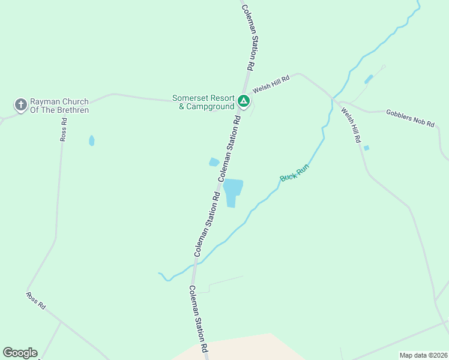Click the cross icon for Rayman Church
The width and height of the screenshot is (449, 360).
pos(21,106)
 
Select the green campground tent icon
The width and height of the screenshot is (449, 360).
pos(243,101)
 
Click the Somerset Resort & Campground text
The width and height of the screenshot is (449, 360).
pos(202,102)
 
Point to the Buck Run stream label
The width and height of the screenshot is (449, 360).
pos(294,174)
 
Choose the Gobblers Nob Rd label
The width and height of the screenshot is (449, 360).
pos(410,117)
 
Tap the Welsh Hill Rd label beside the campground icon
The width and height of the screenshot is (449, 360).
pos(271,83)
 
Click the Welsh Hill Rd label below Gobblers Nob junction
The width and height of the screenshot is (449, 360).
pos(351,125)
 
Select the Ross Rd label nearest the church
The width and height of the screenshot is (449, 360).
pos(63,129)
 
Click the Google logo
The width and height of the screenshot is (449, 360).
pos(20,353)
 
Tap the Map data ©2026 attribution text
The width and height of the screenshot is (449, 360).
pos(423,355)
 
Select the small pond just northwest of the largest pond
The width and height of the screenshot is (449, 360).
pos(214,162)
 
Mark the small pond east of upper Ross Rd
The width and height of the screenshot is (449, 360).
pos(91,140)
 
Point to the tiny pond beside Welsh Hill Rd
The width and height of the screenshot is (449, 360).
pos(366,148)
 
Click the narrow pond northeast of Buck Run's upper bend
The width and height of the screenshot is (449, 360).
pos(369,79)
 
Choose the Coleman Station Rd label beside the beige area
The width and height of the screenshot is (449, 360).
pos(199,318)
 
